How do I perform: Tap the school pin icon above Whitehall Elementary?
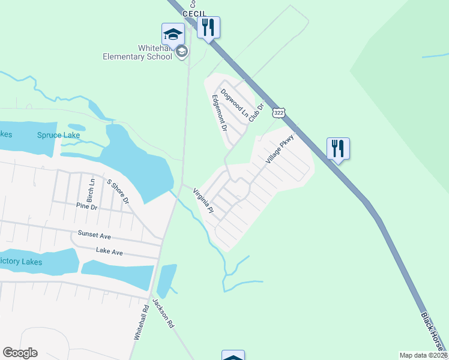click(173, 34)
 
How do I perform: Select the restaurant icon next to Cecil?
click(208, 28)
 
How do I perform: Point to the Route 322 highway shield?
click(278, 113)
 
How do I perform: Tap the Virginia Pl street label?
click(203, 201)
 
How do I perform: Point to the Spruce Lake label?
click(58, 135)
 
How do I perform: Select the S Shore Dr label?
click(118, 191)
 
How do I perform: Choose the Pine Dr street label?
click(86, 206)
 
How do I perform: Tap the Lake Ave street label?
click(109, 253)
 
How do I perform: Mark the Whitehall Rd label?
click(141, 326)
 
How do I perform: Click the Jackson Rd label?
click(163, 313)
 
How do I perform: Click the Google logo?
click(20, 353)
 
